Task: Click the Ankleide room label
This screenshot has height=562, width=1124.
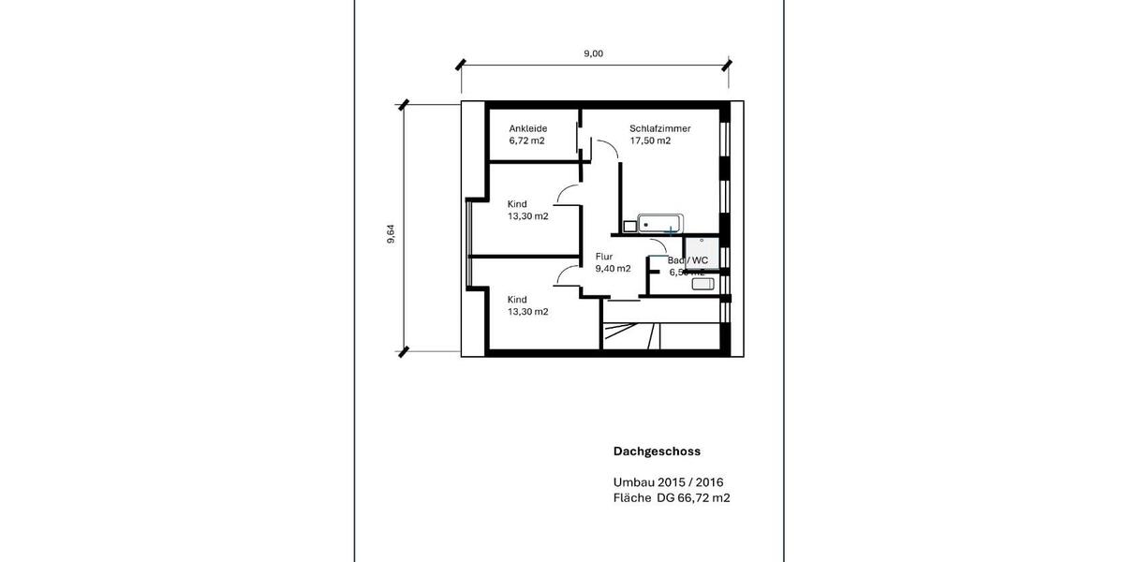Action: (x=528, y=128)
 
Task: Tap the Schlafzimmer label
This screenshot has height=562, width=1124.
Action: (x=660, y=128)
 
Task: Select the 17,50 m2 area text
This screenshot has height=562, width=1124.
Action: (x=650, y=141)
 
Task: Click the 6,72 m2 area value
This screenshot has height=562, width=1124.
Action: (x=527, y=141)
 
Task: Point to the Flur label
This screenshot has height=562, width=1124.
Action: (x=604, y=256)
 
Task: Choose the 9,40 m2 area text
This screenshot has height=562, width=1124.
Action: (x=613, y=269)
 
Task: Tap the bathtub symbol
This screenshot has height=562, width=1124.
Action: (x=661, y=224)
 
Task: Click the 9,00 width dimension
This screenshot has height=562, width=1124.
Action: (x=594, y=53)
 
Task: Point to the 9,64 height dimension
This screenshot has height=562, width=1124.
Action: (x=391, y=234)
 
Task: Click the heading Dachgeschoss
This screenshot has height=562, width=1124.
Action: (x=657, y=451)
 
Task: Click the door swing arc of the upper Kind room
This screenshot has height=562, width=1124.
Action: (x=566, y=194)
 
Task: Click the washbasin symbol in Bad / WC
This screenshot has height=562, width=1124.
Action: (x=703, y=283)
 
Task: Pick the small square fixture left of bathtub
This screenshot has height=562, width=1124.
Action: (x=629, y=225)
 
